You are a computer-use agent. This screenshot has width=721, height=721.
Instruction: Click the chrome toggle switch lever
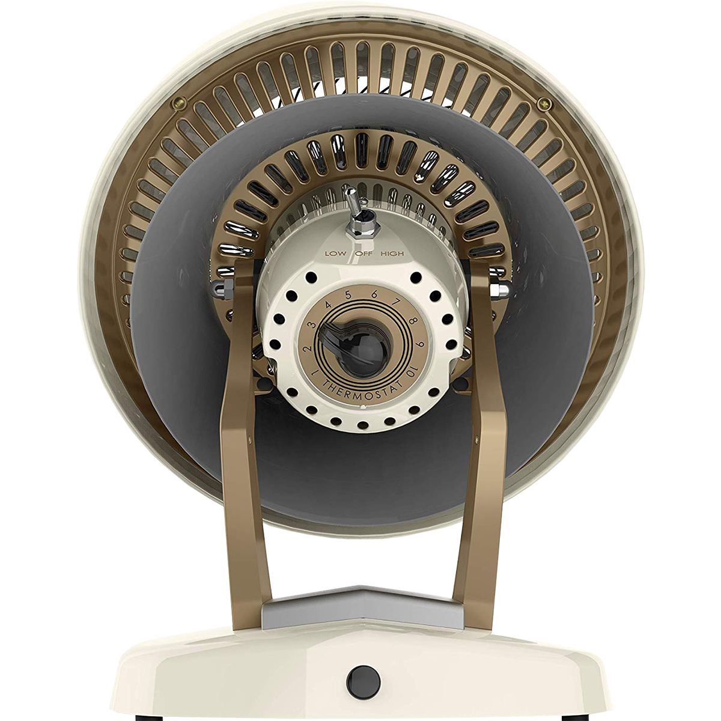[x=353, y=203]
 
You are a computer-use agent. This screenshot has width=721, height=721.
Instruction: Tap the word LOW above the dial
[x=333, y=254]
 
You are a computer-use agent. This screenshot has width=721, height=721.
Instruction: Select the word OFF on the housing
[x=362, y=254]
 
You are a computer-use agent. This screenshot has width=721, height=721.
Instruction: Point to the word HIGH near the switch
[x=392, y=254]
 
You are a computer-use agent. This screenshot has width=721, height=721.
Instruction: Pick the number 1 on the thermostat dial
[x=316, y=373]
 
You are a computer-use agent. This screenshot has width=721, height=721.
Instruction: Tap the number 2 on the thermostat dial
[x=308, y=349]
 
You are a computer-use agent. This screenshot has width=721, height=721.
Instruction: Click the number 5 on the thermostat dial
[x=348, y=295]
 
